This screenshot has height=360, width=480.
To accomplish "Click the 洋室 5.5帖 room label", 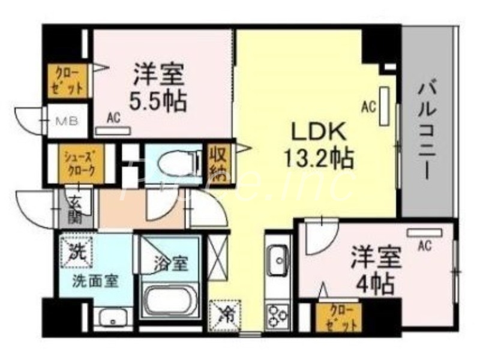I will click(x=159, y=88).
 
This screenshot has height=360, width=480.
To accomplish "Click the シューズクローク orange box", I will click(x=79, y=164).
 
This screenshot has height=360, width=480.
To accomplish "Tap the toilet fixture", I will click(x=178, y=161).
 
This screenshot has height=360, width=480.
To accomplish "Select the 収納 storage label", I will click(x=217, y=163).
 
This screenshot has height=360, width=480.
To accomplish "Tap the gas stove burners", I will click(x=277, y=315).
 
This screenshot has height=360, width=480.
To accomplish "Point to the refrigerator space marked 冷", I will click(x=220, y=313).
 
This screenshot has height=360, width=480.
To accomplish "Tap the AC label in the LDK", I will click(x=368, y=108).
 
